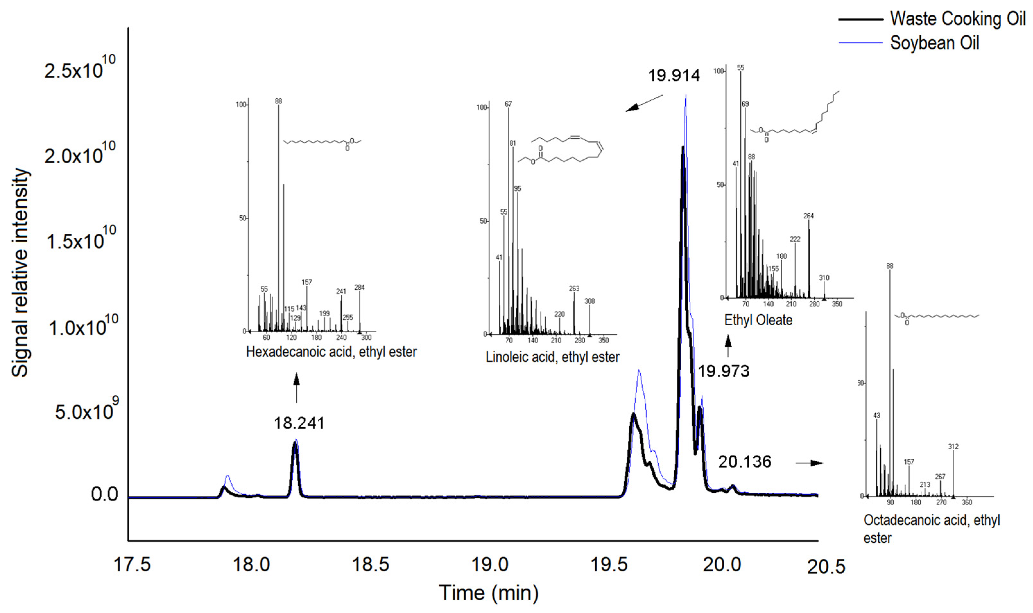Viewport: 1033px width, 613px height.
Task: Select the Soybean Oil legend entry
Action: click(x=934, y=43)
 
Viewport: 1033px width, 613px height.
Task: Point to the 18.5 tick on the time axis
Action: click(x=370, y=564)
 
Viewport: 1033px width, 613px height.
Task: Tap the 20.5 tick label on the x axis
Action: click(x=826, y=567)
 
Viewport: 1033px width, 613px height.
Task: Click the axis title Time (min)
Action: click(x=488, y=593)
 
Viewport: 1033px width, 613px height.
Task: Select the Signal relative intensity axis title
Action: click(x=20, y=273)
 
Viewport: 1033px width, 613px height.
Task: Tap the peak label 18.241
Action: click(x=299, y=423)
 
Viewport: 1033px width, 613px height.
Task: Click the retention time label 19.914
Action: click(x=674, y=76)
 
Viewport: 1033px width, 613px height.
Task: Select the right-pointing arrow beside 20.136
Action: click(x=809, y=463)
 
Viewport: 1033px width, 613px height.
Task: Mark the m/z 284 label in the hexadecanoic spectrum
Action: click(x=359, y=287)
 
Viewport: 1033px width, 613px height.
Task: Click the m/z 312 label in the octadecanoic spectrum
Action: click(x=953, y=447)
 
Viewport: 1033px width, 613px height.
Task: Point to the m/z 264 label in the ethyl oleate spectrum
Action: click(x=808, y=216)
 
